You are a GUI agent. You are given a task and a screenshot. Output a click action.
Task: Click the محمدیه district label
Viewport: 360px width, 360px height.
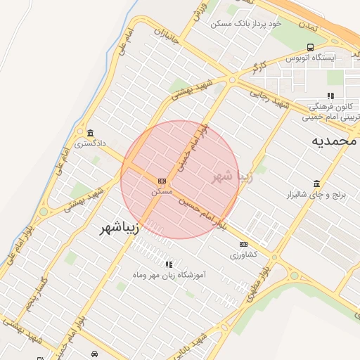(x=335, y=141)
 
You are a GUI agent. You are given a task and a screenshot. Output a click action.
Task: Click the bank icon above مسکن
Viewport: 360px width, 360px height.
(x=162, y=181)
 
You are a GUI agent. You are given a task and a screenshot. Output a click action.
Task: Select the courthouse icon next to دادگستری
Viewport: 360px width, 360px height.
(x=91, y=133)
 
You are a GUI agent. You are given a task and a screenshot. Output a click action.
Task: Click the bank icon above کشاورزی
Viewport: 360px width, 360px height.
(x=243, y=244)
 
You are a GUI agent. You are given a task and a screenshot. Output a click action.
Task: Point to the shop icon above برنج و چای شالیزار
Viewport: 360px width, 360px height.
(x=317, y=184)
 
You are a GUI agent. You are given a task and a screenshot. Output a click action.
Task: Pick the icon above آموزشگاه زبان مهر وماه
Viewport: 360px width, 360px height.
(x=169, y=264)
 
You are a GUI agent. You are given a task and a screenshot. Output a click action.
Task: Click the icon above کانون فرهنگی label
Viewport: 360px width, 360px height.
(x=330, y=96)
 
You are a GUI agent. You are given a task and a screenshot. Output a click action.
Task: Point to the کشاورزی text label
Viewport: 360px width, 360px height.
(x=244, y=255)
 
